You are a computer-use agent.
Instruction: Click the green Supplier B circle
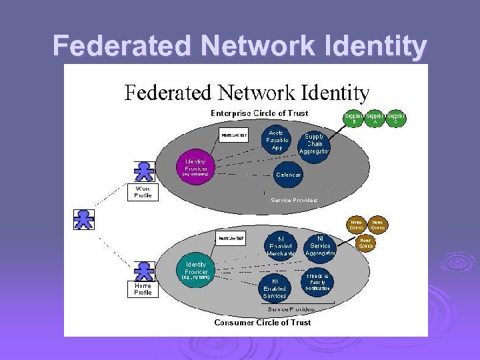(354, 119)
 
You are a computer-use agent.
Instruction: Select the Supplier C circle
(397, 119)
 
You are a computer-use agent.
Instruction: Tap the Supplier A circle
(375, 119)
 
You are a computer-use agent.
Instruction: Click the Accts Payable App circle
(277, 139)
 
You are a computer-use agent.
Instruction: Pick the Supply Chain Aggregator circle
(314, 144)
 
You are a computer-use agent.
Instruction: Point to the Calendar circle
(288, 175)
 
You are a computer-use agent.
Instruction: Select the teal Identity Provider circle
(195, 268)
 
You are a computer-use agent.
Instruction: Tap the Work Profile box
(143, 192)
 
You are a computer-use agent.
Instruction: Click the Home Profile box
(143, 289)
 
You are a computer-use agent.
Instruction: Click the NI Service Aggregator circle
(319, 245)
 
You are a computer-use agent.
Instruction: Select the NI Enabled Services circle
(275, 287)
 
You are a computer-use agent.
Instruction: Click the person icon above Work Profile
(143, 171)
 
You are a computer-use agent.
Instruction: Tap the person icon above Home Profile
(143, 269)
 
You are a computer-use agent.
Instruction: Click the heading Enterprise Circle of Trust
(259, 113)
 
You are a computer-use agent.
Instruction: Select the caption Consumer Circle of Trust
(262, 323)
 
